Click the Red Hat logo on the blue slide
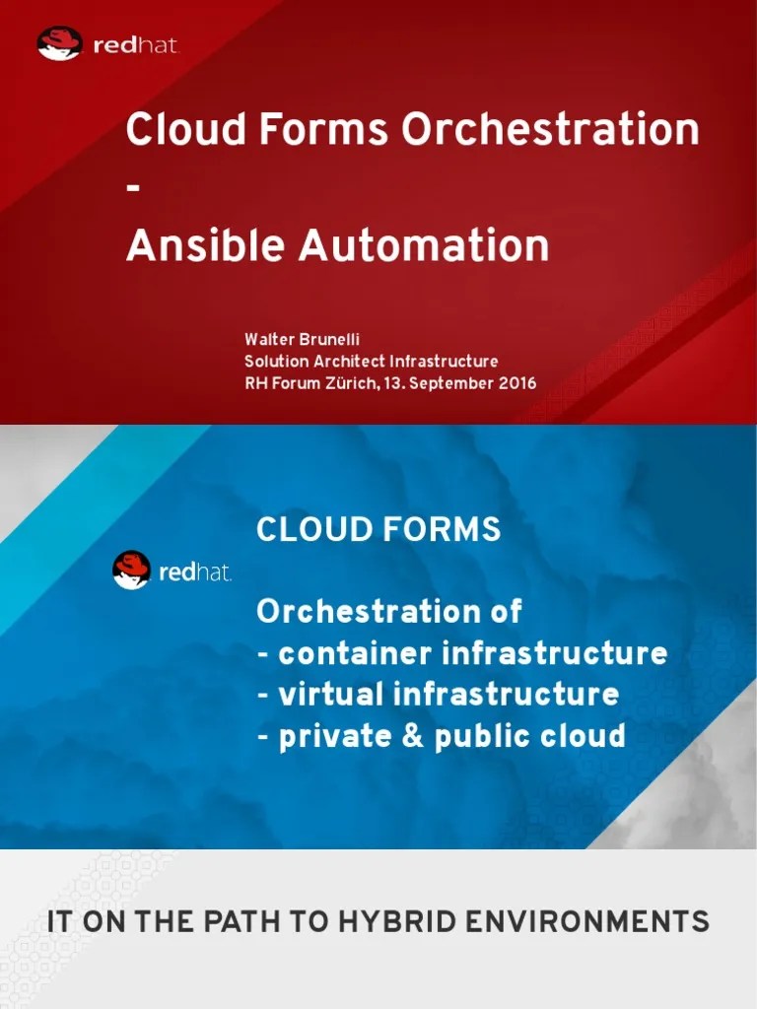(172, 571)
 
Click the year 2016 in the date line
(516, 383)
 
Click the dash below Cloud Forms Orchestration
(133, 190)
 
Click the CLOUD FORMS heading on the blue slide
(378, 530)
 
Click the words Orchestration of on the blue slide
(388, 612)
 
